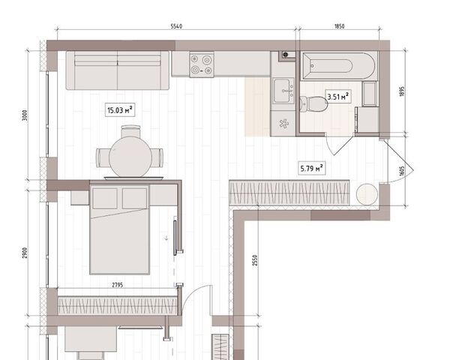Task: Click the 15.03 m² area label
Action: [x=119, y=110]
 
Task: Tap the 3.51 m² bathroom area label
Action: [x=338, y=97]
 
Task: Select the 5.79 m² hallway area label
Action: [x=311, y=168]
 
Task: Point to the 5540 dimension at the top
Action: [x=176, y=26]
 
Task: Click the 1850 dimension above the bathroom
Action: [x=340, y=26]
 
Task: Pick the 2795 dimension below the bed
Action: [x=117, y=285]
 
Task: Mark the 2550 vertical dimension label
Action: [x=255, y=260]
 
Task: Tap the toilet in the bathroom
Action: [x=313, y=103]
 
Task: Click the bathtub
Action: [x=339, y=66]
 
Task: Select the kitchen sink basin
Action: [x=283, y=91]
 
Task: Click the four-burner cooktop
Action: [x=202, y=64]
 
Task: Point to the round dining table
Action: [x=130, y=157]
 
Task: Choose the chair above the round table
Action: [x=130, y=131]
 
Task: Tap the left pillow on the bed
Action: [x=105, y=198]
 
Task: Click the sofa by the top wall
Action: [x=117, y=70]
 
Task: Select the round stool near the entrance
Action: [x=367, y=194]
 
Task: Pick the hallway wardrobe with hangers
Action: [x=289, y=193]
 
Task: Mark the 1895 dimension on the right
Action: [x=403, y=91]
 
